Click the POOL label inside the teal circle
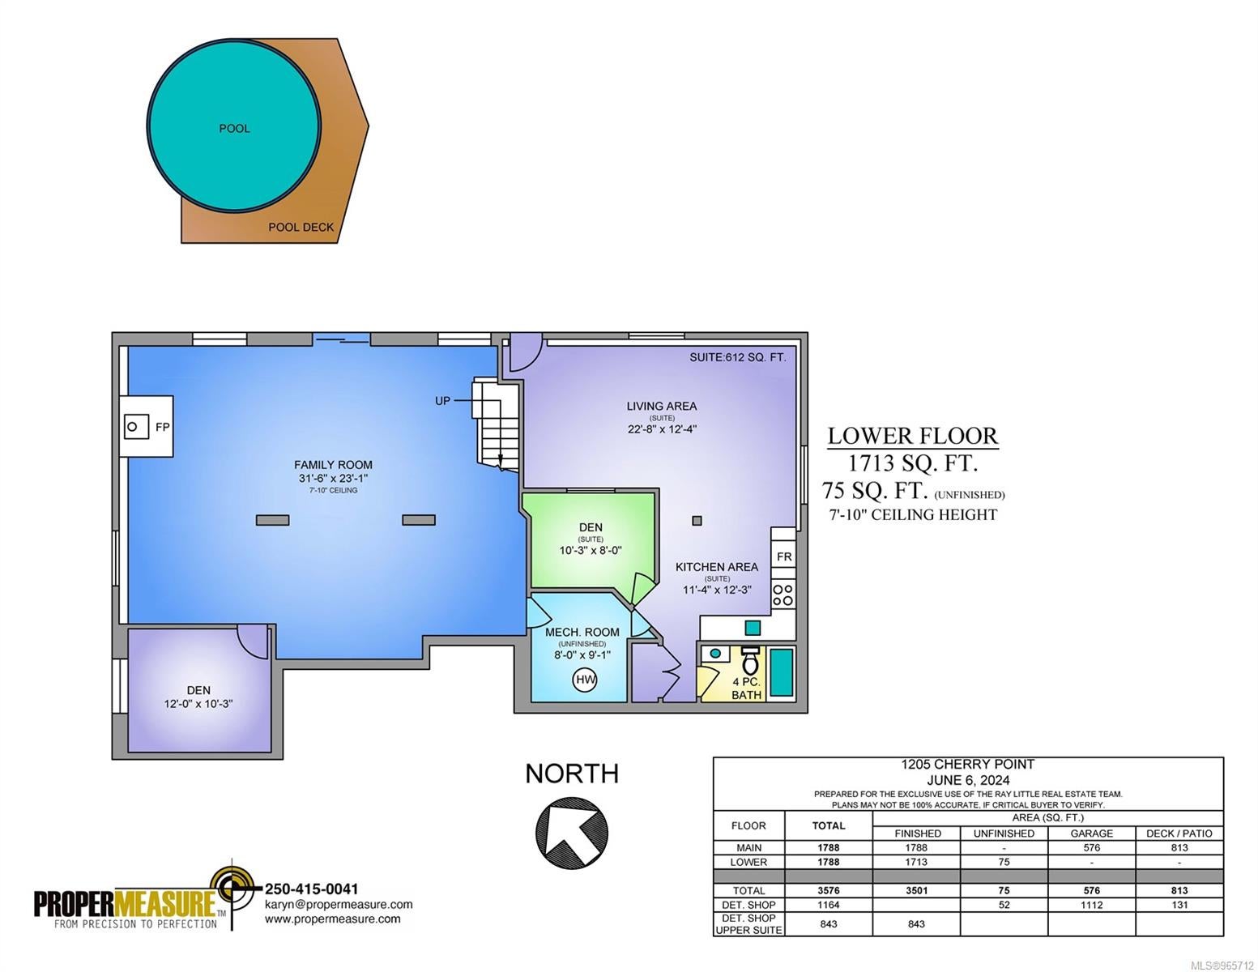(x=234, y=129)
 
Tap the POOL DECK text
(x=301, y=228)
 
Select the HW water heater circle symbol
(x=586, y=680)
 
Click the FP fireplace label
(x=162, y=427)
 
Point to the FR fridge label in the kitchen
(x=784, y=557)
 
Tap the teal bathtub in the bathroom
(x=781, y=672)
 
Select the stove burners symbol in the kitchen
(x=783, y=595)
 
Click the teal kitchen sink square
(x=752, y=627)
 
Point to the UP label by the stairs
(x=442, y=401)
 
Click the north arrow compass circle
(x=571, y=833)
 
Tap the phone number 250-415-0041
(x=311, y=889)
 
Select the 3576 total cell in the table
(x=829, y=890)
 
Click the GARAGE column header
(x=1091, y=833)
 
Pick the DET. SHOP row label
(x=748, y=905)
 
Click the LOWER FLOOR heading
(x=912, y=436)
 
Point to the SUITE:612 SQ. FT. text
(x=738, y=358)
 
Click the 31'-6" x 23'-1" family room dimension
(x=333, y=478)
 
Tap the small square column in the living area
(x=697, y=521)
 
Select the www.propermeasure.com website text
(x=332, y=919)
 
